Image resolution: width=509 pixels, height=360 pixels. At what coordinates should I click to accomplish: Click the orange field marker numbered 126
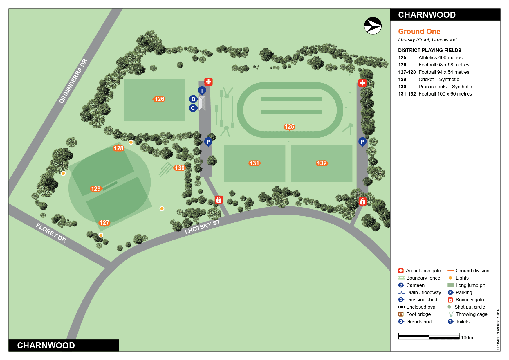click(x=159, y=99)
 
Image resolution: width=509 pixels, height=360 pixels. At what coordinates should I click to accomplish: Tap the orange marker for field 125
click(x=289, y=127)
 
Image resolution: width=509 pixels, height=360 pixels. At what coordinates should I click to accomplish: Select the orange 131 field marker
click(x=255, y=163)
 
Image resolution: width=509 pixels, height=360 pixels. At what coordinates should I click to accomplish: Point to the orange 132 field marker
click(x=322, y=163)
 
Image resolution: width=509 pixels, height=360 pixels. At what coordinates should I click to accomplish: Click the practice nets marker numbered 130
click(x=180, y=168)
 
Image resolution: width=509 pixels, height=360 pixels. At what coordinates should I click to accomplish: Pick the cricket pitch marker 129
click(x=96, y=189)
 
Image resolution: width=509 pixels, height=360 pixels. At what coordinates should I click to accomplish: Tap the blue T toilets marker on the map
click(x=202, y=91)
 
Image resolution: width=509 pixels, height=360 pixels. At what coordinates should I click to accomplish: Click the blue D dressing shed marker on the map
click(x=193, y=99)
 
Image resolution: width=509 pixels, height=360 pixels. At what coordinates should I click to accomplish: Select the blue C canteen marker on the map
click(x=193, y=108)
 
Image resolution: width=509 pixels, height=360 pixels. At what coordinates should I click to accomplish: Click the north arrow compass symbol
click(x=373, y=26)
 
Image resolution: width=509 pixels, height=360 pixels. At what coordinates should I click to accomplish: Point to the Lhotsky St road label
click(x=202, y=227)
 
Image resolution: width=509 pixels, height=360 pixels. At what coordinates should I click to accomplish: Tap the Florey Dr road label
click(x=51, y=233)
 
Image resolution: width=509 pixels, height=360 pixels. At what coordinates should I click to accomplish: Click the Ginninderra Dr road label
click(x=73, y=81)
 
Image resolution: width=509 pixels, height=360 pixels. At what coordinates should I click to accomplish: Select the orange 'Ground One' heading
click(x=419, y=31)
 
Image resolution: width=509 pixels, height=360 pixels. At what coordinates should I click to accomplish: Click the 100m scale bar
click(x=429, y=337)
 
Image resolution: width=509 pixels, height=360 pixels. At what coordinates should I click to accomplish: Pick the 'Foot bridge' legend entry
click(x=418, y=314)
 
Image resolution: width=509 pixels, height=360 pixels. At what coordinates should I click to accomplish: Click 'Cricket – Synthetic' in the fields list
click(x=438, y=79)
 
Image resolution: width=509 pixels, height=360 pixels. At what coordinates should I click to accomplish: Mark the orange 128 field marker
click(x=118, y=148)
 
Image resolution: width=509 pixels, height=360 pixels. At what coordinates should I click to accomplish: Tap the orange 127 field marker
click(x=104, y=223)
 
